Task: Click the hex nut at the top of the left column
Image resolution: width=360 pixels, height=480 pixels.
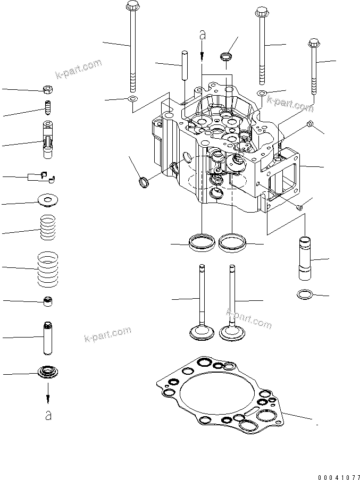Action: [x=48, y=89]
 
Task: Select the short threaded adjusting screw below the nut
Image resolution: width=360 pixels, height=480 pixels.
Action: [x=48, y=107]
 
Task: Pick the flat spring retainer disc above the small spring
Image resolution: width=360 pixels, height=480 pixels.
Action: [x=48, y=200]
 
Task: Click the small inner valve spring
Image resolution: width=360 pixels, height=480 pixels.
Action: [x=48, y=227]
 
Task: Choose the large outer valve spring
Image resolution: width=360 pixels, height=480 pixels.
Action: [x=48, y=270]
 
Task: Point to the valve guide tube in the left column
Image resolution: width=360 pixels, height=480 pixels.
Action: [x=47, y=338]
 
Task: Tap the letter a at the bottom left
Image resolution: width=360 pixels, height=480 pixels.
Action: [x=48, y=415]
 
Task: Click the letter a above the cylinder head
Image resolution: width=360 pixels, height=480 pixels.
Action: [x=203, y=35]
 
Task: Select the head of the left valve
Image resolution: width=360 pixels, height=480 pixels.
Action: [x=202, y=333]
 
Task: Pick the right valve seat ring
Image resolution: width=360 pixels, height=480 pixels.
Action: [x=232, y=243]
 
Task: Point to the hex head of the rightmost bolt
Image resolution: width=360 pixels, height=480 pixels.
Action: [x=314, y=43]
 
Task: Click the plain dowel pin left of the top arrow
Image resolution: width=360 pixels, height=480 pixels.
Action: [x=185, y=65]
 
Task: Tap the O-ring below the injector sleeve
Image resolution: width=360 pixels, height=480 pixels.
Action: [x=305, y=294]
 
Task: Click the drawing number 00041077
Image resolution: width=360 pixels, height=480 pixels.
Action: [x=339, y=477]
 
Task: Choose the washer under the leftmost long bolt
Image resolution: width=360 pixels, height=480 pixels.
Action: [x=132, y=98]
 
